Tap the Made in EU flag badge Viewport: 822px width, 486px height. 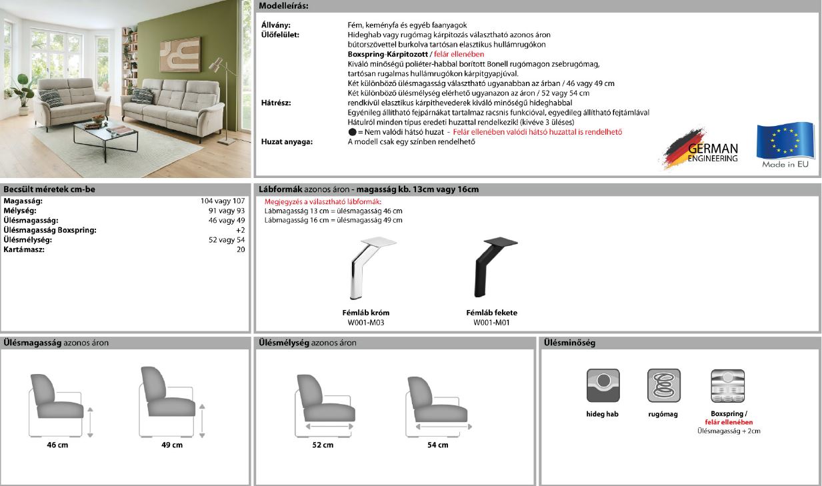pyautogui.click(x=785, y=145)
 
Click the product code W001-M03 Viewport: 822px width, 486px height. pyautogui.click(x=366, y=323)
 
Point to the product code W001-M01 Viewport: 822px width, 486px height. pyautogui.click(x=491, y=323)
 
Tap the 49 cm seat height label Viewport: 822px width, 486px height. pyautogui.click(x=172, y=445)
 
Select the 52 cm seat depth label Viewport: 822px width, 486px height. pyautogui.click(x=323, y=445)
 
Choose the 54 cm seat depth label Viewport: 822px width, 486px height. pyautogui.click(x=437, y=445)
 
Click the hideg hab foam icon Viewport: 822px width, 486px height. pyautogui.click(x=603, y=385)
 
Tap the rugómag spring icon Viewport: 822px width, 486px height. pyautogui.click(x=663, y=385)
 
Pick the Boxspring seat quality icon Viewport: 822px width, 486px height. pyautogui.click(x=728, y=385)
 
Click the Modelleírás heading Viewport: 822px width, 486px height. pyautogui.click(x=283, y=6)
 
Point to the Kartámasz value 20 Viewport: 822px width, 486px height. pyautogui.click(x=241, y=249)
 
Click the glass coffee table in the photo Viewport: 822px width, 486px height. pyautogui.click(x=105, y=131)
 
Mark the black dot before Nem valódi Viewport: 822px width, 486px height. pyautogui.click(x=352, y=132)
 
